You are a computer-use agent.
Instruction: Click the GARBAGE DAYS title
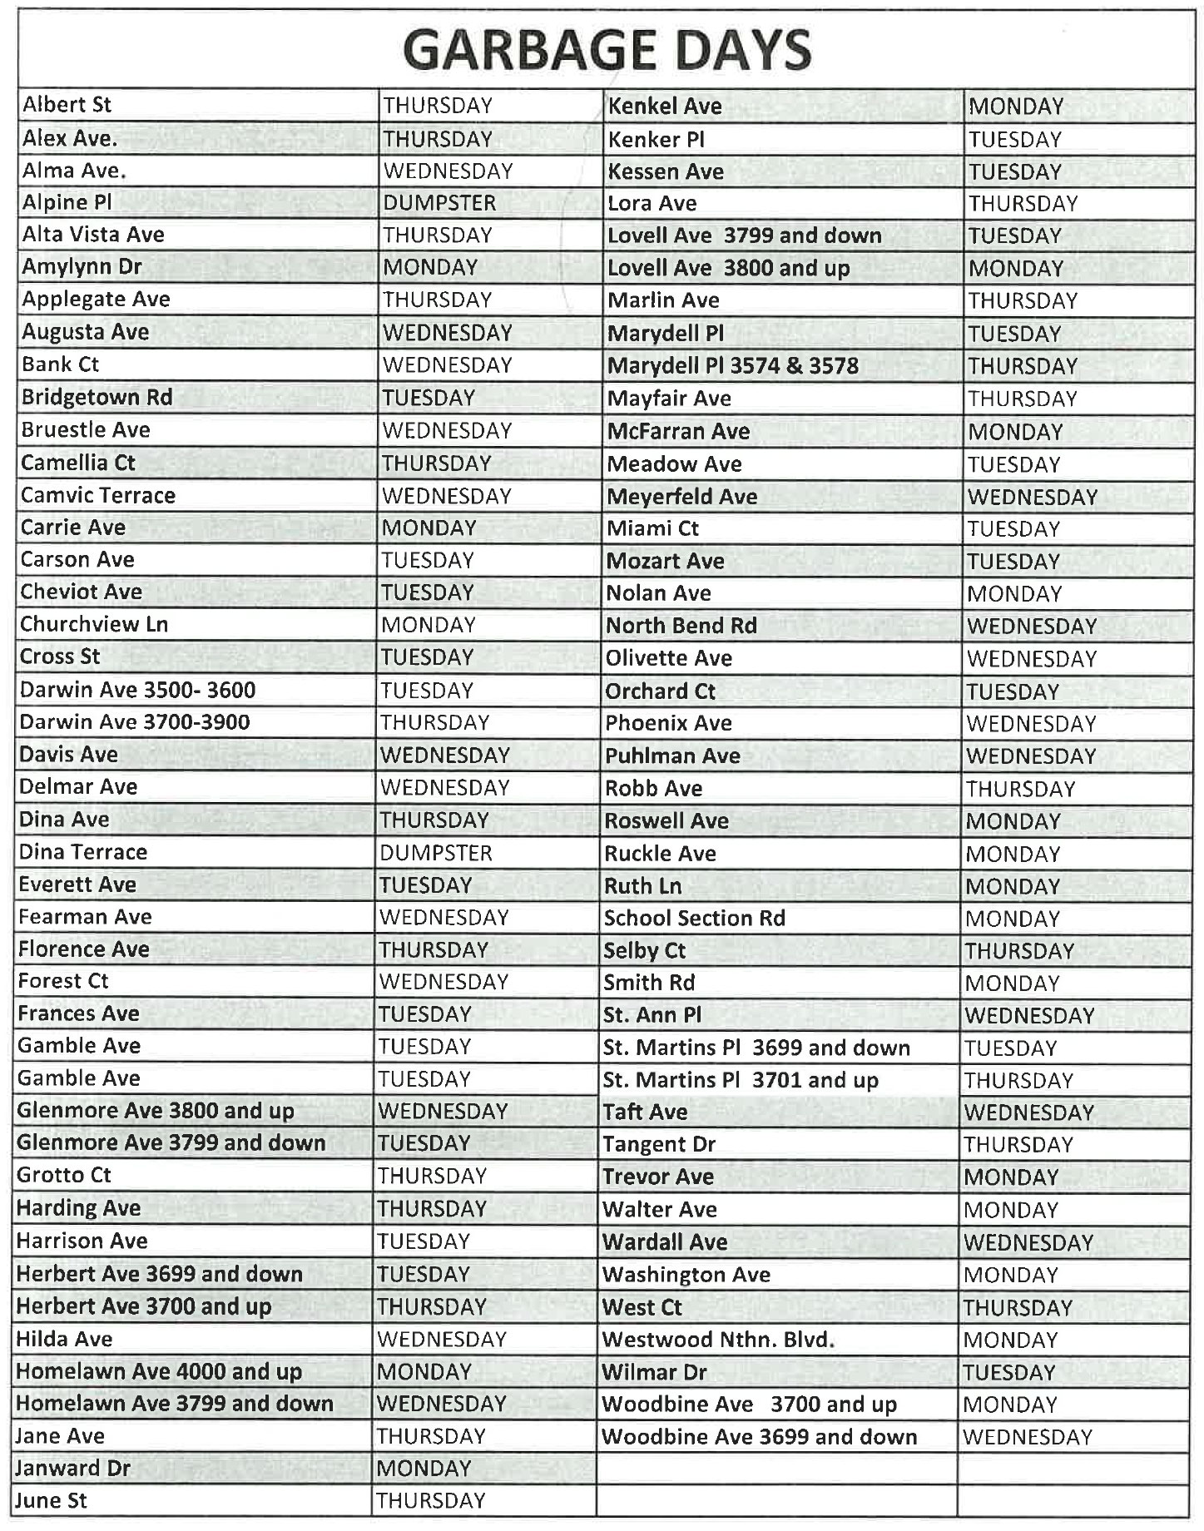607,50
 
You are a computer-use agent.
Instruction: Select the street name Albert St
67,105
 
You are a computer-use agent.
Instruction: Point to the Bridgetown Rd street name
97,397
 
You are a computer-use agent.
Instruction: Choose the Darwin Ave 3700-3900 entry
134,721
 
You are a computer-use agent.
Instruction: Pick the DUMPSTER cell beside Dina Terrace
435,853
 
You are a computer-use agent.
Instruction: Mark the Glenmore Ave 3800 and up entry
155,1111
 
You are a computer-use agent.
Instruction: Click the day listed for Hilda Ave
441,1339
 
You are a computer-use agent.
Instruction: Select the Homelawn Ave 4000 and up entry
158,1371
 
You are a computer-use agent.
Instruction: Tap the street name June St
51,1501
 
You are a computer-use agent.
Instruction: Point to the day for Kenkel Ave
1016,107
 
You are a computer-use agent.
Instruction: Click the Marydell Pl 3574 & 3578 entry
732,366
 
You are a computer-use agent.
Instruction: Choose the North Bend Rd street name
681,626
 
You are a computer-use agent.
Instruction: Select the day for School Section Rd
1012,919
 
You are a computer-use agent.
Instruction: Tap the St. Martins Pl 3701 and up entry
740,1080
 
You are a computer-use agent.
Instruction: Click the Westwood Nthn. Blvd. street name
717,1340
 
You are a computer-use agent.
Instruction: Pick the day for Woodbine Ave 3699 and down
1027,1437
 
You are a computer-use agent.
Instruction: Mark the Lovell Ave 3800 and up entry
728,268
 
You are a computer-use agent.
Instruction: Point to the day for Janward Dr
424,1469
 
